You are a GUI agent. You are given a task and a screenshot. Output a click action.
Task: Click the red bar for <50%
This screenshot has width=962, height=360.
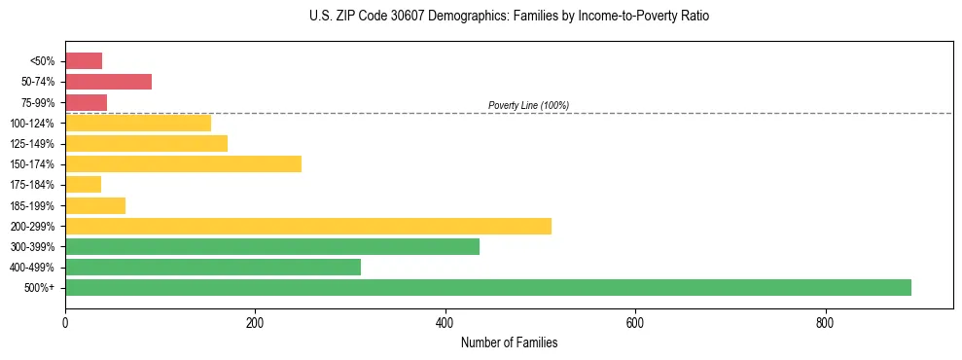pyautogui.click(x=84, y=61)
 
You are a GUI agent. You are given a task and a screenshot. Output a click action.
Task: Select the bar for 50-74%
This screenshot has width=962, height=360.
pyautogui.click(x=108, y=82)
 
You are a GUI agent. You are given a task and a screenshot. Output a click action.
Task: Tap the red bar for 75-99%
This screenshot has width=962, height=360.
pyautogui.click(x=86, y=102)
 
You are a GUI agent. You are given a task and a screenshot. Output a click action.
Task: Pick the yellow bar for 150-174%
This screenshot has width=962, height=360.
pyautogui.click(x=183, y=163)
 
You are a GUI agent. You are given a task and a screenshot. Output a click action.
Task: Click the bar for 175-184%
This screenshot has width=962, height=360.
pyautogui.click(x=83, y=185)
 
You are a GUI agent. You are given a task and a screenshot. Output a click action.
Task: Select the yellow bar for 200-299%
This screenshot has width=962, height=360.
pyautogui.click(x=308, y=226)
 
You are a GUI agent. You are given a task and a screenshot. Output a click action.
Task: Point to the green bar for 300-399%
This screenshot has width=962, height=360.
pyautogui.click(x=272, y=246)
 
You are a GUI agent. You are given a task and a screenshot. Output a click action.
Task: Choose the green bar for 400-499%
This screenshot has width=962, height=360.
pyautogui.click(x=213, y=267)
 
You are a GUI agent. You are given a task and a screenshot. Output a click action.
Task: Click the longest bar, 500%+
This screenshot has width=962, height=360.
pyautogui.click(x=488, y=287)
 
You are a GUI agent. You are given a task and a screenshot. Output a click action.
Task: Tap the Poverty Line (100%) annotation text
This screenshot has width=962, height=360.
pyautogui.click(x=528, y=105)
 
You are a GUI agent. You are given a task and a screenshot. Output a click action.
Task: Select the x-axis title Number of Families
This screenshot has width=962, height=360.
pyautogui.click(x=509, y=342)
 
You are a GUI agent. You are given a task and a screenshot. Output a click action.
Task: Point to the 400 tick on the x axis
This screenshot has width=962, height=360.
pyautogui.click(x=445, y=322)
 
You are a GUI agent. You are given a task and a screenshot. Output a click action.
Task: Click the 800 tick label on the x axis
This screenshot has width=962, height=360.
pyautogui.click(x=825, y=322)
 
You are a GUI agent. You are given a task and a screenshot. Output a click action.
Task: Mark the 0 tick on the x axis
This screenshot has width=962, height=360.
pyautogui.click(x=65, y=322)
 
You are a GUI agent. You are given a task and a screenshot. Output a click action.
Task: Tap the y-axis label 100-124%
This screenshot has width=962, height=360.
pyautogui.click(x=32, y=124)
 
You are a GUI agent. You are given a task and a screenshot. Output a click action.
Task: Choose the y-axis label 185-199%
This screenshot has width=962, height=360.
pyautogui.click(x=32, y=205)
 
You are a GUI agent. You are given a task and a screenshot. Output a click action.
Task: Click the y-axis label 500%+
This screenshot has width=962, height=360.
pyautogui.click(x=40, y=288)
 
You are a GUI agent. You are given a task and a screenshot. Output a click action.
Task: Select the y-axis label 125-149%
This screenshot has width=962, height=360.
pyautogui.click(x=32, y=144)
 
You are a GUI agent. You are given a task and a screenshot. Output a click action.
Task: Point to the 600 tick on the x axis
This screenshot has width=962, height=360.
pyautogui.click(x=634, y=322)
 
